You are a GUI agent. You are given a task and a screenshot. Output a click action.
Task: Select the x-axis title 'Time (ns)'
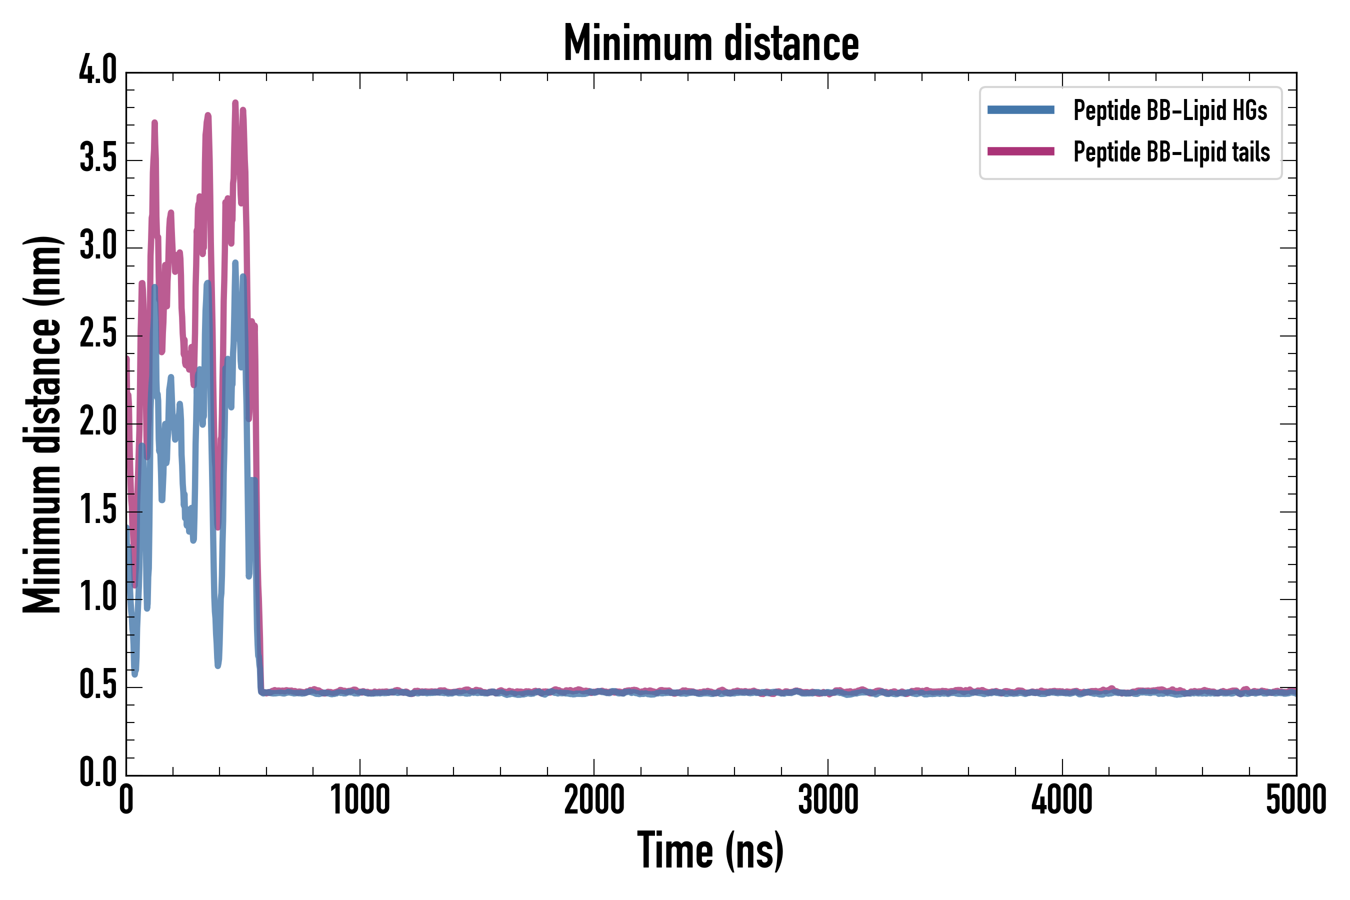tap(710, 850)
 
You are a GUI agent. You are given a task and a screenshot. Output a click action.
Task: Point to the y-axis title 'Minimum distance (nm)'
tap(41, 424)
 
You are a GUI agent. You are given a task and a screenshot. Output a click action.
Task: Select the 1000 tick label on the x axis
tap(360, 799)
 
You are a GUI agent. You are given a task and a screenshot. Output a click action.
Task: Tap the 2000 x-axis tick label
tap(594, 799)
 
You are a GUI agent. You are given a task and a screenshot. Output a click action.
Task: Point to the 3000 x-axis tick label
tap(828, 799)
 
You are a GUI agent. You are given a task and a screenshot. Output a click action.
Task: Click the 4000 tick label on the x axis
tap(1062, 799)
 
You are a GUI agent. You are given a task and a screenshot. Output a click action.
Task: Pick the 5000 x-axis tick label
tap(1295, 799)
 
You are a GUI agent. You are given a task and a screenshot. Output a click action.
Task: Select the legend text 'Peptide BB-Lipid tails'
tap(1171, 152)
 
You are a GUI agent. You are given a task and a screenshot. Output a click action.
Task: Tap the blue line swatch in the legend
tap(1020, 110)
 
